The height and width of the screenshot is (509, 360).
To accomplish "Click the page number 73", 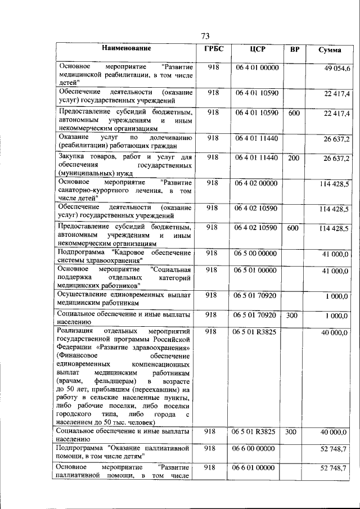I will (205, 37).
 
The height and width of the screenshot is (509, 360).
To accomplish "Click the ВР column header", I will (294, 49).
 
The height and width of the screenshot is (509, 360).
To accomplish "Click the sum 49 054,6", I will (336, 68).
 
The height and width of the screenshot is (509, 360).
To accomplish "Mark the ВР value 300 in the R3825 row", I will (291, 432).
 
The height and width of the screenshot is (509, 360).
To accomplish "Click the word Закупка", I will (72, 157).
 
